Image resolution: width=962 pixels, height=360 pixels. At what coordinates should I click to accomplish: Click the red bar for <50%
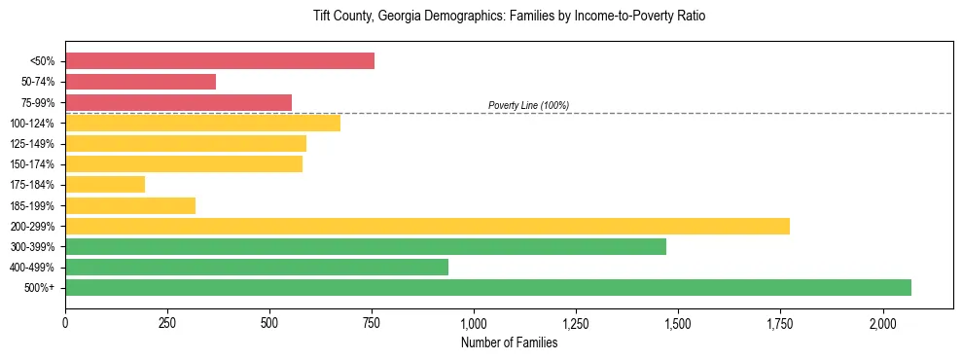(220, 61)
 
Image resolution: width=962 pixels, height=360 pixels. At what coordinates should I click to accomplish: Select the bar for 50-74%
(140, 82)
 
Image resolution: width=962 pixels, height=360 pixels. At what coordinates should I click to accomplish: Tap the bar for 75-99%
(178, 102)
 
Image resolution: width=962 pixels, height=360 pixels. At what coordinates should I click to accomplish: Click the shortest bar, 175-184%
(105, 185)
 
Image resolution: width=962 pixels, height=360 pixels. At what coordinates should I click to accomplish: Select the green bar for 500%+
(488, 287)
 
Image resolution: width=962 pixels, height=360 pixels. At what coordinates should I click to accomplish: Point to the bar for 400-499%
(257, 267)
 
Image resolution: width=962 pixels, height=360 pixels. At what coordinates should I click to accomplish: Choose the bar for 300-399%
(366, 246)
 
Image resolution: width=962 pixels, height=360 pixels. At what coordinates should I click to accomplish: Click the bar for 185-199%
(130, 205)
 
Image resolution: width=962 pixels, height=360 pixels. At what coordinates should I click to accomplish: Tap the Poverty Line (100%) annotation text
(528, 105)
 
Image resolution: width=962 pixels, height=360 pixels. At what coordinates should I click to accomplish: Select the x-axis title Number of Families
(509, 342)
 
